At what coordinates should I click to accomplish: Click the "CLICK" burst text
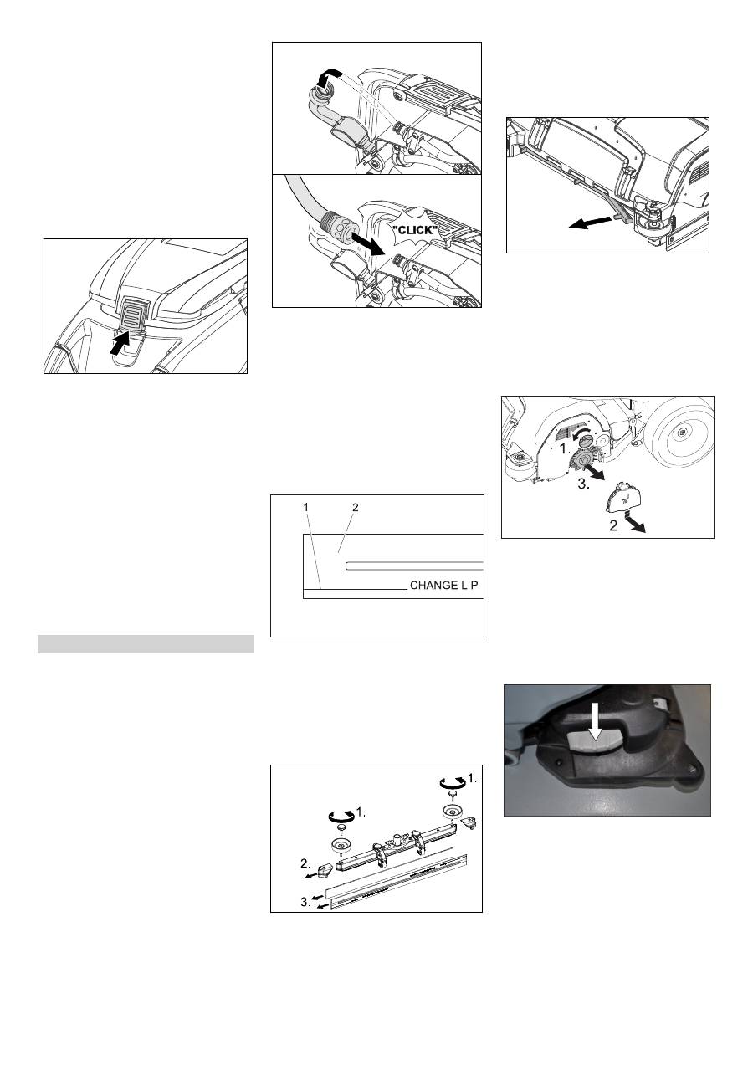coord(417,231)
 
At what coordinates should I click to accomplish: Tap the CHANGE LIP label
coord(444,586)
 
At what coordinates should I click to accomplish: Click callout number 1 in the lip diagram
coord(305,508)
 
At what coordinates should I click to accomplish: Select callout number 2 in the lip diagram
coord(355,508)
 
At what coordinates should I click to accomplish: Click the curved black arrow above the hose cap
coord(329,76)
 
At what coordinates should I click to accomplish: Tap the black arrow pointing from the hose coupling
coord(366,245)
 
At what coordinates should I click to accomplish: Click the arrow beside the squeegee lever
coord(591,222)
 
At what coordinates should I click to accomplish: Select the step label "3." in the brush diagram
coord(584,484)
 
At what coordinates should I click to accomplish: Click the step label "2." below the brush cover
coord(616,526)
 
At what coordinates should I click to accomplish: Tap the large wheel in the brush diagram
coord(681,433)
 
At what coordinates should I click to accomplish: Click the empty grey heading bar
coord(146,643)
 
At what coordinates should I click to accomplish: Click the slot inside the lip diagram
coord(414,566)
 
